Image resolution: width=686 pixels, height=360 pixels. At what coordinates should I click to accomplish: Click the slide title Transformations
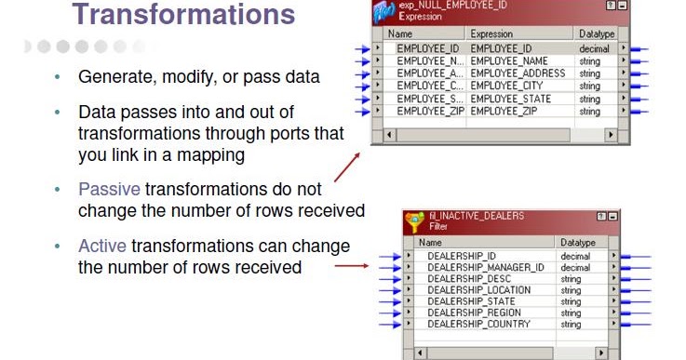pos(183,15)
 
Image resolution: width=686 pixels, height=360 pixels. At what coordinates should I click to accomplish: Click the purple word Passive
pos(109,189)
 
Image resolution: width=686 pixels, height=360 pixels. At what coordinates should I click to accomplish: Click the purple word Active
pos(101,247)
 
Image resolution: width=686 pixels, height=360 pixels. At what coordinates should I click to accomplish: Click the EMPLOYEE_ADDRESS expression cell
pos(518,73)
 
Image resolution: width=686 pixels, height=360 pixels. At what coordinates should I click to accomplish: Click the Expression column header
pos(491,33)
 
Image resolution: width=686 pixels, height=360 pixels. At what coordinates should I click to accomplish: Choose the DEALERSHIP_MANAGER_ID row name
pos(485,267)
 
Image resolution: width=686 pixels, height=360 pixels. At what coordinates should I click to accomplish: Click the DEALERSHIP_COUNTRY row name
pos(478,325)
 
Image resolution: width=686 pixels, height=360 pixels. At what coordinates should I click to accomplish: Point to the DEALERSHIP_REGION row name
pos(474,313)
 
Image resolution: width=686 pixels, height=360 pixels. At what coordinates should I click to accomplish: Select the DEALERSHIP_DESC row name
pos(467,278)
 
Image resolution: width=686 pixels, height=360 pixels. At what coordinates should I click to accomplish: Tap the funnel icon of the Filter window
pos(414,222)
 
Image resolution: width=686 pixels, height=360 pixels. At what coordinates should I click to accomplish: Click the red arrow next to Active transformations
pos(351,266)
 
